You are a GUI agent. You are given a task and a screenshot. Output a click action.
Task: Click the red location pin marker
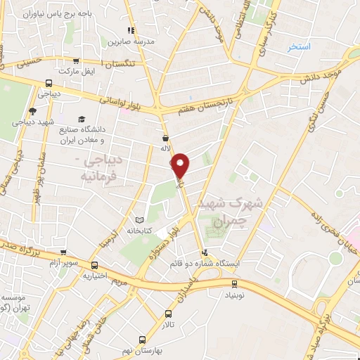coord(181,166)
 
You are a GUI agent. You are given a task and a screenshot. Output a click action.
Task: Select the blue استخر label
coord(299,47)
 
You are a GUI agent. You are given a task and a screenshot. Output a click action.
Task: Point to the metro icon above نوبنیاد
coord(235,284)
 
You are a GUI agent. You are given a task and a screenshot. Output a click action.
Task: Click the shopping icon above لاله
coord(165,138)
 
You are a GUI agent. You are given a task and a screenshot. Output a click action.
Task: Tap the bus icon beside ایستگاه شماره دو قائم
coord(205,252)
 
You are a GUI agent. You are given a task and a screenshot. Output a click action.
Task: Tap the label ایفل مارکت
coord(77,72)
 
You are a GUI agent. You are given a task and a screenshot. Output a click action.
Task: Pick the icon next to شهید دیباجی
coord(33,110)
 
